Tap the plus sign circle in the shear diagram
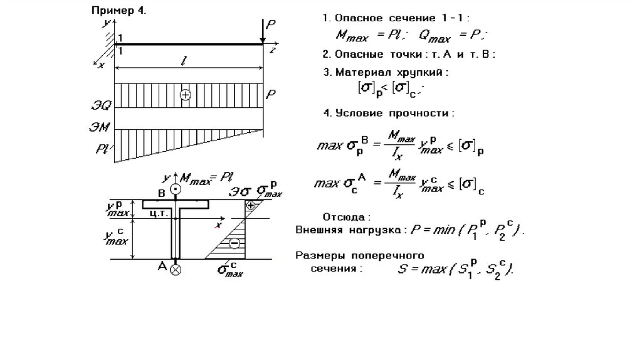point(185,95)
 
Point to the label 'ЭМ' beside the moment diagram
point(101,127)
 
